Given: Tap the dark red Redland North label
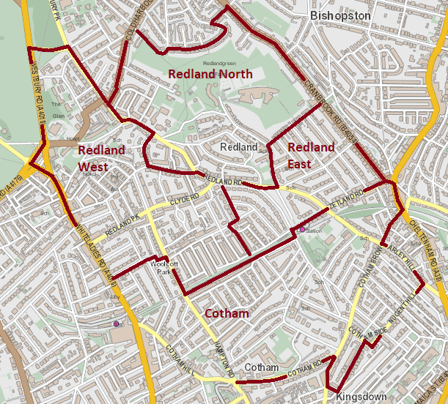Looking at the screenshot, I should coord(210,74).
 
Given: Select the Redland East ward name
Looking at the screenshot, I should coord(311,155).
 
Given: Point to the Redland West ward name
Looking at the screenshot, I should coord(101,158).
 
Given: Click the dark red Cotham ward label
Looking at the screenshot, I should coord(226,313).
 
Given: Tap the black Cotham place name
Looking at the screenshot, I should coord(261,367).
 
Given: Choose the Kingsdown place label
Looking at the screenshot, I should coord(361,396).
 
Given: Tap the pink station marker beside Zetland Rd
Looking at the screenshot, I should coord(302,230).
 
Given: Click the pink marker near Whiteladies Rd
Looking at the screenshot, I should coord(116,323).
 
